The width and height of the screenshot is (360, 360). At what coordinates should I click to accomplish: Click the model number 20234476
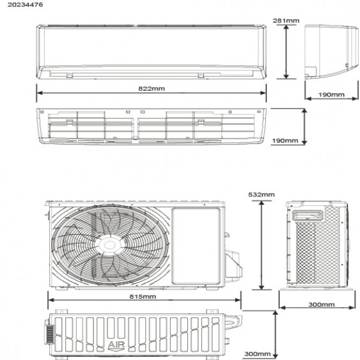25,4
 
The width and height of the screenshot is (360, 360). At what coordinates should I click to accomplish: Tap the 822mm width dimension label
152,89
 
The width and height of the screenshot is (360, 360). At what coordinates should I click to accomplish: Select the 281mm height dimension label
286,20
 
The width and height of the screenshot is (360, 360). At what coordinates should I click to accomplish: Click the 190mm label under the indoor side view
331,95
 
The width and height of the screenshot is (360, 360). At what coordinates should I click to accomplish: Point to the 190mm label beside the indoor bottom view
285,141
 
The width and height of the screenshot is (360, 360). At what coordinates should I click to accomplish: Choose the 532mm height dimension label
262,194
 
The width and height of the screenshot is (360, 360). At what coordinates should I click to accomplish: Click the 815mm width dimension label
143,297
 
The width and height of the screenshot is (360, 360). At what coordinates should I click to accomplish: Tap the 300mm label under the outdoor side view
322,304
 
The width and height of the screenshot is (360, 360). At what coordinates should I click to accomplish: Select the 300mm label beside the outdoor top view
258,354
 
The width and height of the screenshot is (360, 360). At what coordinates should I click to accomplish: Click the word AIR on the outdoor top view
116,345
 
